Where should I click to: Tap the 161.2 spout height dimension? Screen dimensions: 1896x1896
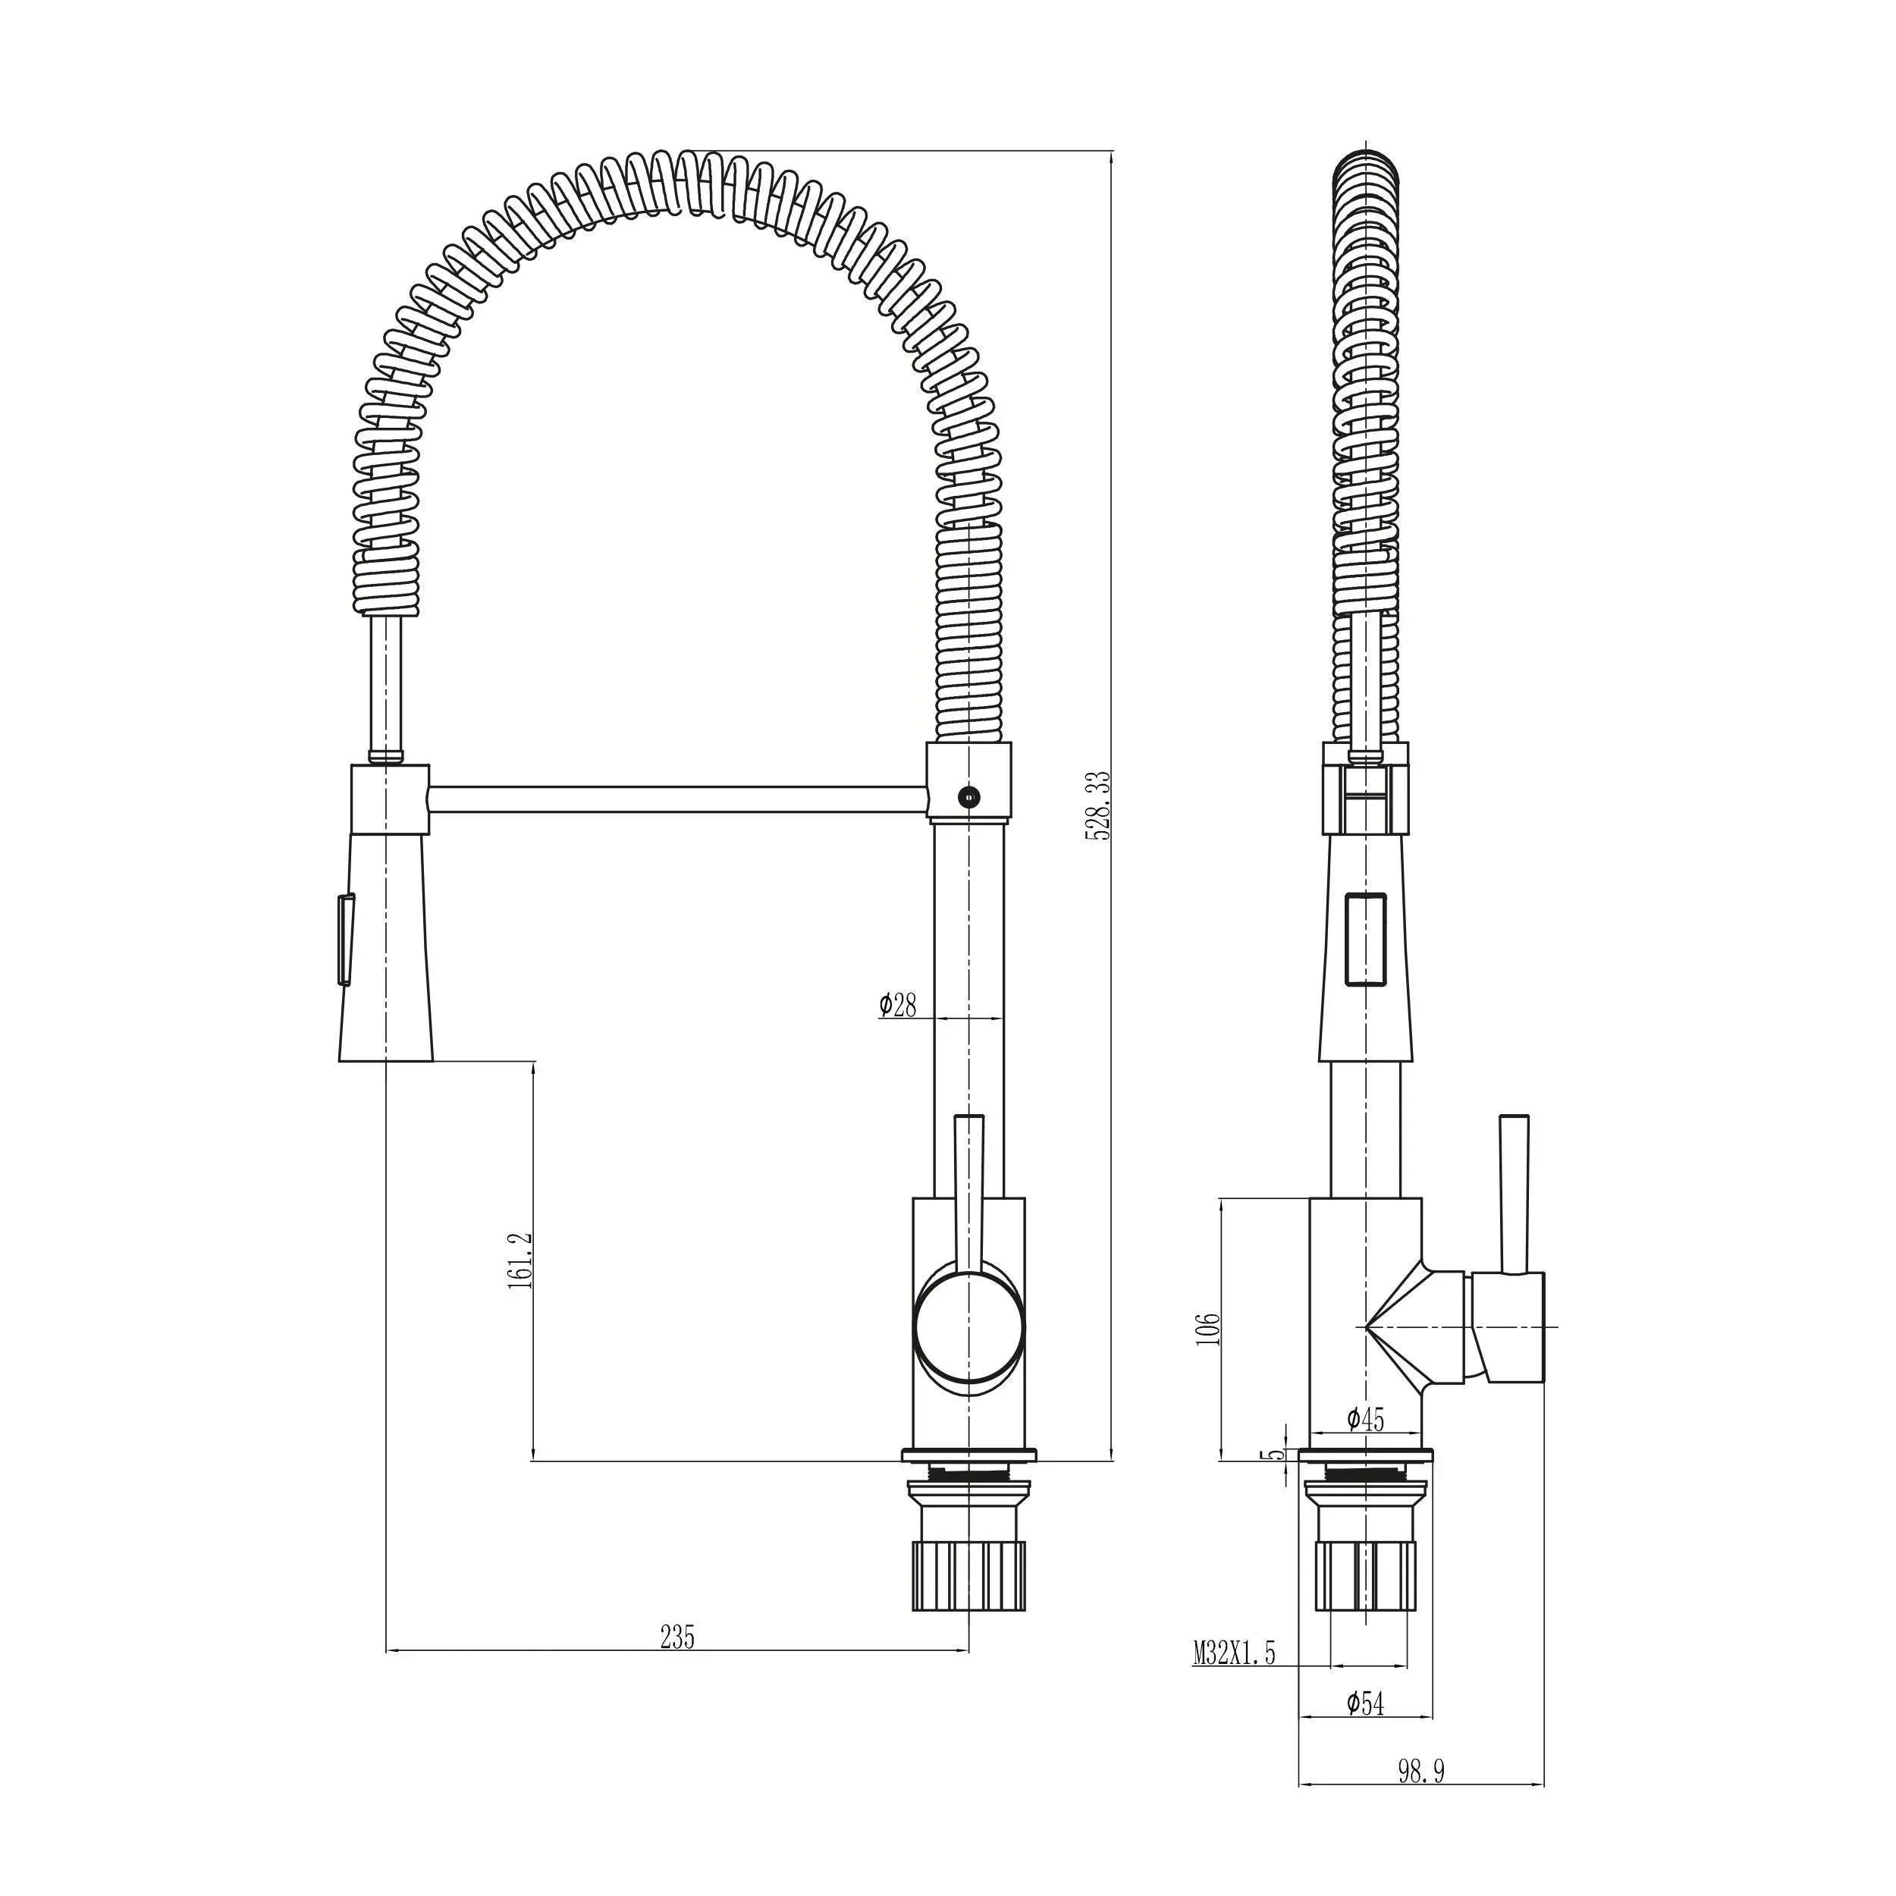[x=520, y=1261]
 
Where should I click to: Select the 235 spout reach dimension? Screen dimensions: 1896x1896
[x=677, y=1637]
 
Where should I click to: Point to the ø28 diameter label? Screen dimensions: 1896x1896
[x=897, y=1005]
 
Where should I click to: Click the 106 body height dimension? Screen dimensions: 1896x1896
[x=1208, y=1328]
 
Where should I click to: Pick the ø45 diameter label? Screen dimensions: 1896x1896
[x=1365, y=1419]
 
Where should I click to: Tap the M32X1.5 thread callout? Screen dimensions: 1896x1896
[x=1234, y=1653]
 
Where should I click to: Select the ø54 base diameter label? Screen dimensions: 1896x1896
[x=1365, y=1703]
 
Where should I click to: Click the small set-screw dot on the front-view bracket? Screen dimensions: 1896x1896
[x=968, y=797]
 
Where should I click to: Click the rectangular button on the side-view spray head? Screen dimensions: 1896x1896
[x=1365, y=939]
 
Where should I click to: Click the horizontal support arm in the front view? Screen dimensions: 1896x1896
[x=677, y=799]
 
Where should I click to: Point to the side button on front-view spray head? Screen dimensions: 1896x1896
[x=344, y=938]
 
